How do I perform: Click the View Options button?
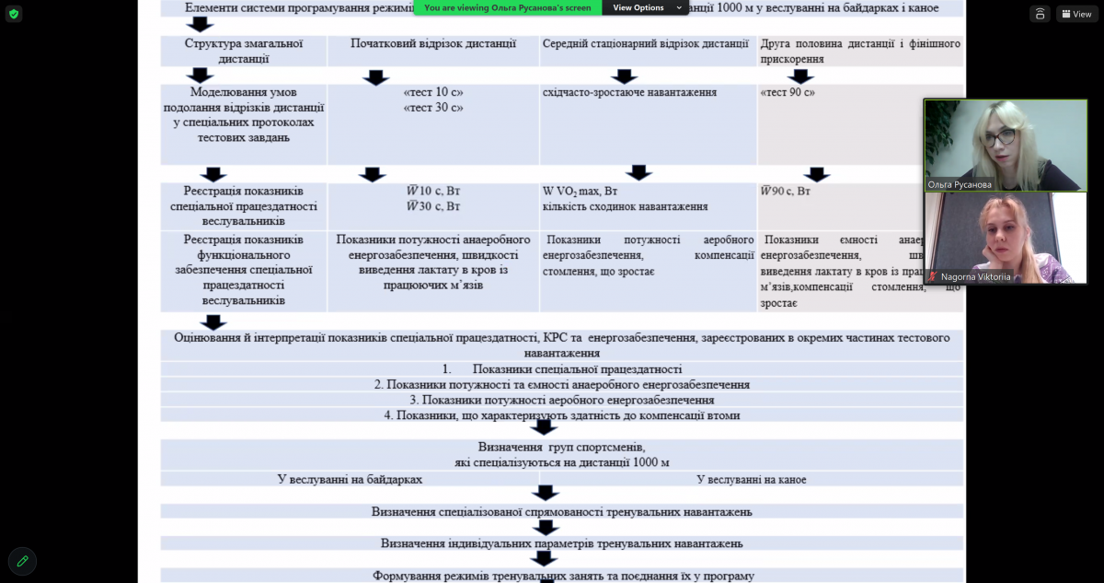click(x=643, y=7)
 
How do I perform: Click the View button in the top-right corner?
click(x=1076, y=14)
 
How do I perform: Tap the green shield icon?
click(x=14, y=14)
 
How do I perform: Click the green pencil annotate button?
click(x=22, y=560)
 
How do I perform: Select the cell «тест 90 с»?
click(x=788, y=93)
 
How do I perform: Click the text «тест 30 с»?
click(x=432, y=108)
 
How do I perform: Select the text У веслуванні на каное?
click(x=751, y=480)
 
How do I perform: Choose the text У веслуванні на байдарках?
click(x=350, y=480)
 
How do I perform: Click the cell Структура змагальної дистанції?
click(x=243, y=51)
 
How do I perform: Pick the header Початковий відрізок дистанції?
click(x=432, y=44)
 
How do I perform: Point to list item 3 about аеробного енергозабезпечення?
click(x=561, y=401)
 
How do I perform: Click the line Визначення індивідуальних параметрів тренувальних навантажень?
click(x=561, y=543)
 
